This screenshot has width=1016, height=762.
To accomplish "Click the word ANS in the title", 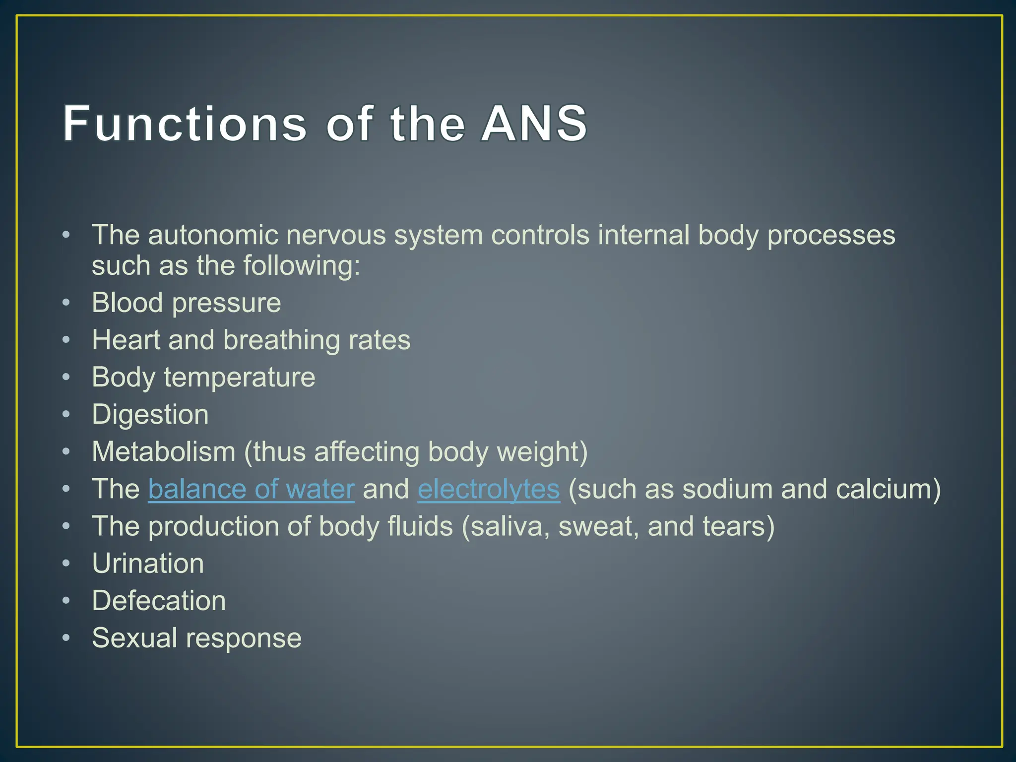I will (x=534, y=123).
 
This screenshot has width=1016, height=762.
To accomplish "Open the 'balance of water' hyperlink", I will (x=251, y=489).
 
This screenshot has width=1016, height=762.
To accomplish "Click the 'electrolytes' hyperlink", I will (x=489, y=489).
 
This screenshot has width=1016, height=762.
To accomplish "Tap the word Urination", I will (x=148, y=564).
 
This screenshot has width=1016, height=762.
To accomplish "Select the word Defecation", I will (x=159, y=601).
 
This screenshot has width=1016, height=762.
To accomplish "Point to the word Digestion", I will (x=150, y=415).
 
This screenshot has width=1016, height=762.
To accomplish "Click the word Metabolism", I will (x=164, y=452).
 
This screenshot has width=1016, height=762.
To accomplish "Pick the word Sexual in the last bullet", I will (x=134, y=638).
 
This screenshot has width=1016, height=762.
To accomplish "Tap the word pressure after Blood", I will (x=226, y=303).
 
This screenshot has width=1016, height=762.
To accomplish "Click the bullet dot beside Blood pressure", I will (x=66, y=302).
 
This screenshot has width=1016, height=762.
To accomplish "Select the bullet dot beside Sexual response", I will (x=66, y=637).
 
